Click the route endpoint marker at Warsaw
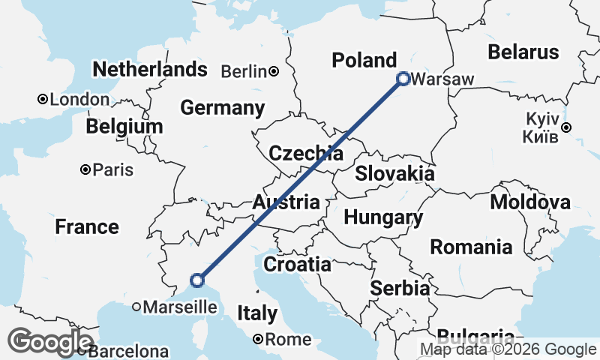click(x=403, y=78)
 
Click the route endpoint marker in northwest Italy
click(x=197, y=280)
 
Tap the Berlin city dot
click(x=274, y=71)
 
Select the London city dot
click(x=43, y=99)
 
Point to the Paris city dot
click(x=86, y=170)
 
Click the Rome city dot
click(x=257, y=339)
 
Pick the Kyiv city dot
click(x=566, y=127)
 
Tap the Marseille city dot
click(x=136, y=307)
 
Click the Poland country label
click(x=364, y=60)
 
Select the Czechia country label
click(x=306, y=154)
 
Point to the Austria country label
click(x=286, y=202)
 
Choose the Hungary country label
click(x=382, y=217)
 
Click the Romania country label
click(x=472, y=247)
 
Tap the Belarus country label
click(x=523, y=52)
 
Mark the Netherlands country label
click(x=149, y=70)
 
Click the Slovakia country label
click(x=394, y=173)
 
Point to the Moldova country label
click(x=529, y=202)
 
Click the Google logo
click(x=50, y=343)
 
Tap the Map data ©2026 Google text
click(x=508, y=349)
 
